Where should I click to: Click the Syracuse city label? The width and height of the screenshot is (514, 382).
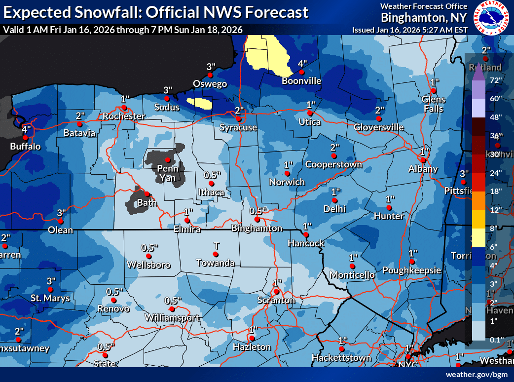tap(238, 128)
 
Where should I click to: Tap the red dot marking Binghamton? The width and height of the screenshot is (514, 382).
tap(257, 219)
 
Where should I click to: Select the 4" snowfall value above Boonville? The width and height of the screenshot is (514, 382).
tap(302, 64)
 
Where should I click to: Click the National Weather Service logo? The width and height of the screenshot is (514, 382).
tap(491, 18)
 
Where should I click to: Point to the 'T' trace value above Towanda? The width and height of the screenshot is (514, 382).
tap(216, 245)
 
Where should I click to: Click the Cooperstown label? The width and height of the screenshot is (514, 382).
tap(333, 164)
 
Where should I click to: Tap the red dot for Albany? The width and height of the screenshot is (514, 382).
tap(423, 160)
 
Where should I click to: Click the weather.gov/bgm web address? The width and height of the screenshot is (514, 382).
tap(477, 375)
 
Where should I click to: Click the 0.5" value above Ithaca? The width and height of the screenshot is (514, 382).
tap(212, 175)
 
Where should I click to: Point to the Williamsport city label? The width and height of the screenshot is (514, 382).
tap(172, 318)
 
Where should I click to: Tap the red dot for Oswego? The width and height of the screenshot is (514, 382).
tap(210, 75)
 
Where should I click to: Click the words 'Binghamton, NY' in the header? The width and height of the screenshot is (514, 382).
tap(424, 18)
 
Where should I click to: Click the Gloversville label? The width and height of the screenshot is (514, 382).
tap(379, 127)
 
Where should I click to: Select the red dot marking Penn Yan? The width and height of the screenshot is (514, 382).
tap(168, 160)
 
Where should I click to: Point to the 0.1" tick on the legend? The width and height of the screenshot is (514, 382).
tap(496, 340)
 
